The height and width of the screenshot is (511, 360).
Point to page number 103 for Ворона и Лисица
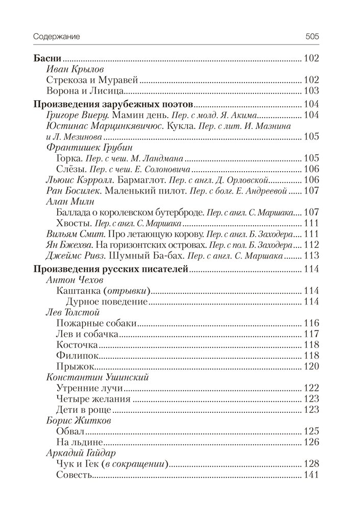(311, 91)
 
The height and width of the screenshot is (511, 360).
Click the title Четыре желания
(94, 399)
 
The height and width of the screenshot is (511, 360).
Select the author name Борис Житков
(75, 421)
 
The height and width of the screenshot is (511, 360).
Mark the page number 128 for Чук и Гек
(311, 464)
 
